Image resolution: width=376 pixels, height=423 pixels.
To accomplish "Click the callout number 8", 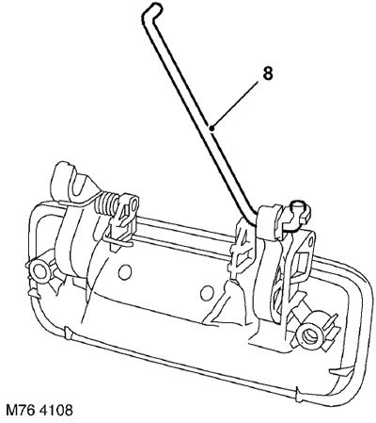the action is click(268, 74).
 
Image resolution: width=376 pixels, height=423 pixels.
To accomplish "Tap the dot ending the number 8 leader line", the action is click(212, 127).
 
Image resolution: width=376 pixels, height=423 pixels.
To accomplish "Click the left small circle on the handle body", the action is click(125, 270).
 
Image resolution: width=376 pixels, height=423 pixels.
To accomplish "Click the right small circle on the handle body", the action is click(206, 293).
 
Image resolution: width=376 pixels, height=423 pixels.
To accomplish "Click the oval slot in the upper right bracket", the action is click(310, 241).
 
